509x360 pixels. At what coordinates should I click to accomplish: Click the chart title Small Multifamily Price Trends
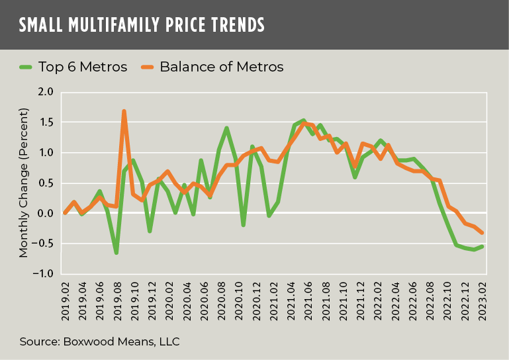142,25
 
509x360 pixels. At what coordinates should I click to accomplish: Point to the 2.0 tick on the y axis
46,92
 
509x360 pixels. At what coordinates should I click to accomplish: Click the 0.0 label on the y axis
46,213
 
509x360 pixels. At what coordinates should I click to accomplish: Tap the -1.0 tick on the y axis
44,274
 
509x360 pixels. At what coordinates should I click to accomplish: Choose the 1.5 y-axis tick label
46,122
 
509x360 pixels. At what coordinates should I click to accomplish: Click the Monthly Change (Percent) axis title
24,183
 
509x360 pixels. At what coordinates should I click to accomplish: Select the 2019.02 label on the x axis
65,300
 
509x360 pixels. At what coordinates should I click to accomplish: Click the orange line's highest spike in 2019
124,111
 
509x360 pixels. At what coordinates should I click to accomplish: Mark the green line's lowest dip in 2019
116,253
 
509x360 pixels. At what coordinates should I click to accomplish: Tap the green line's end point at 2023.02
500,246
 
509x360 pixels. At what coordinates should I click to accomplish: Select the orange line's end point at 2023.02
500,232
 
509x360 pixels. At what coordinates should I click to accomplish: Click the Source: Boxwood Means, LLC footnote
99,341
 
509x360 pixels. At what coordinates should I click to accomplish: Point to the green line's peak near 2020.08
226,128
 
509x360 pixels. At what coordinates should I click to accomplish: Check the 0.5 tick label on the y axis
46,183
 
